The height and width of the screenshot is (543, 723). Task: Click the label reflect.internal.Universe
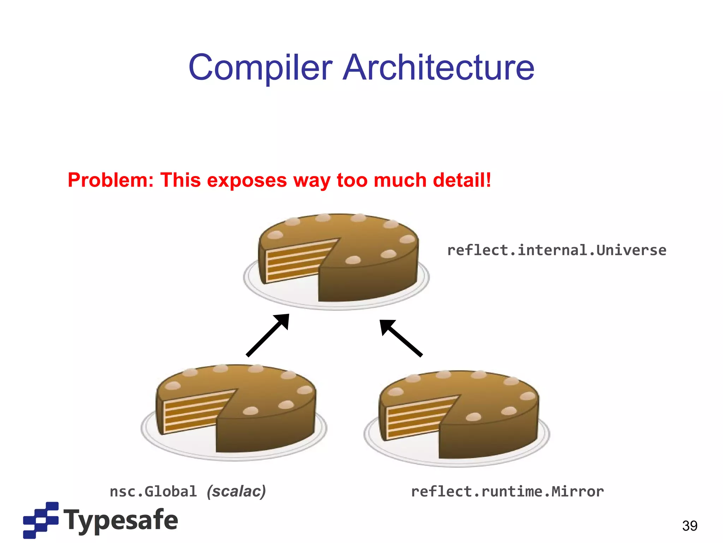pos(556,250)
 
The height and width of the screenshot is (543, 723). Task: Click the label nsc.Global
pos(153,491)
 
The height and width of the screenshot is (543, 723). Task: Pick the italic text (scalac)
pos(236,491)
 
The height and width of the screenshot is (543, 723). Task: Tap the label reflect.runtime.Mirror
pos(507,491)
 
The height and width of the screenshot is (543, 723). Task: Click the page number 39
pos(689,526)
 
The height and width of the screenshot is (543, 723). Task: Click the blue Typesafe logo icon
pos(41,520)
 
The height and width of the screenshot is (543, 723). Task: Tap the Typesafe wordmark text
pos(121,520)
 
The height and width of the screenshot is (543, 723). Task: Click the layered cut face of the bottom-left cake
pos(192,412)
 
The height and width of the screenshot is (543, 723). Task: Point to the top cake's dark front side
pos(367,283)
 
